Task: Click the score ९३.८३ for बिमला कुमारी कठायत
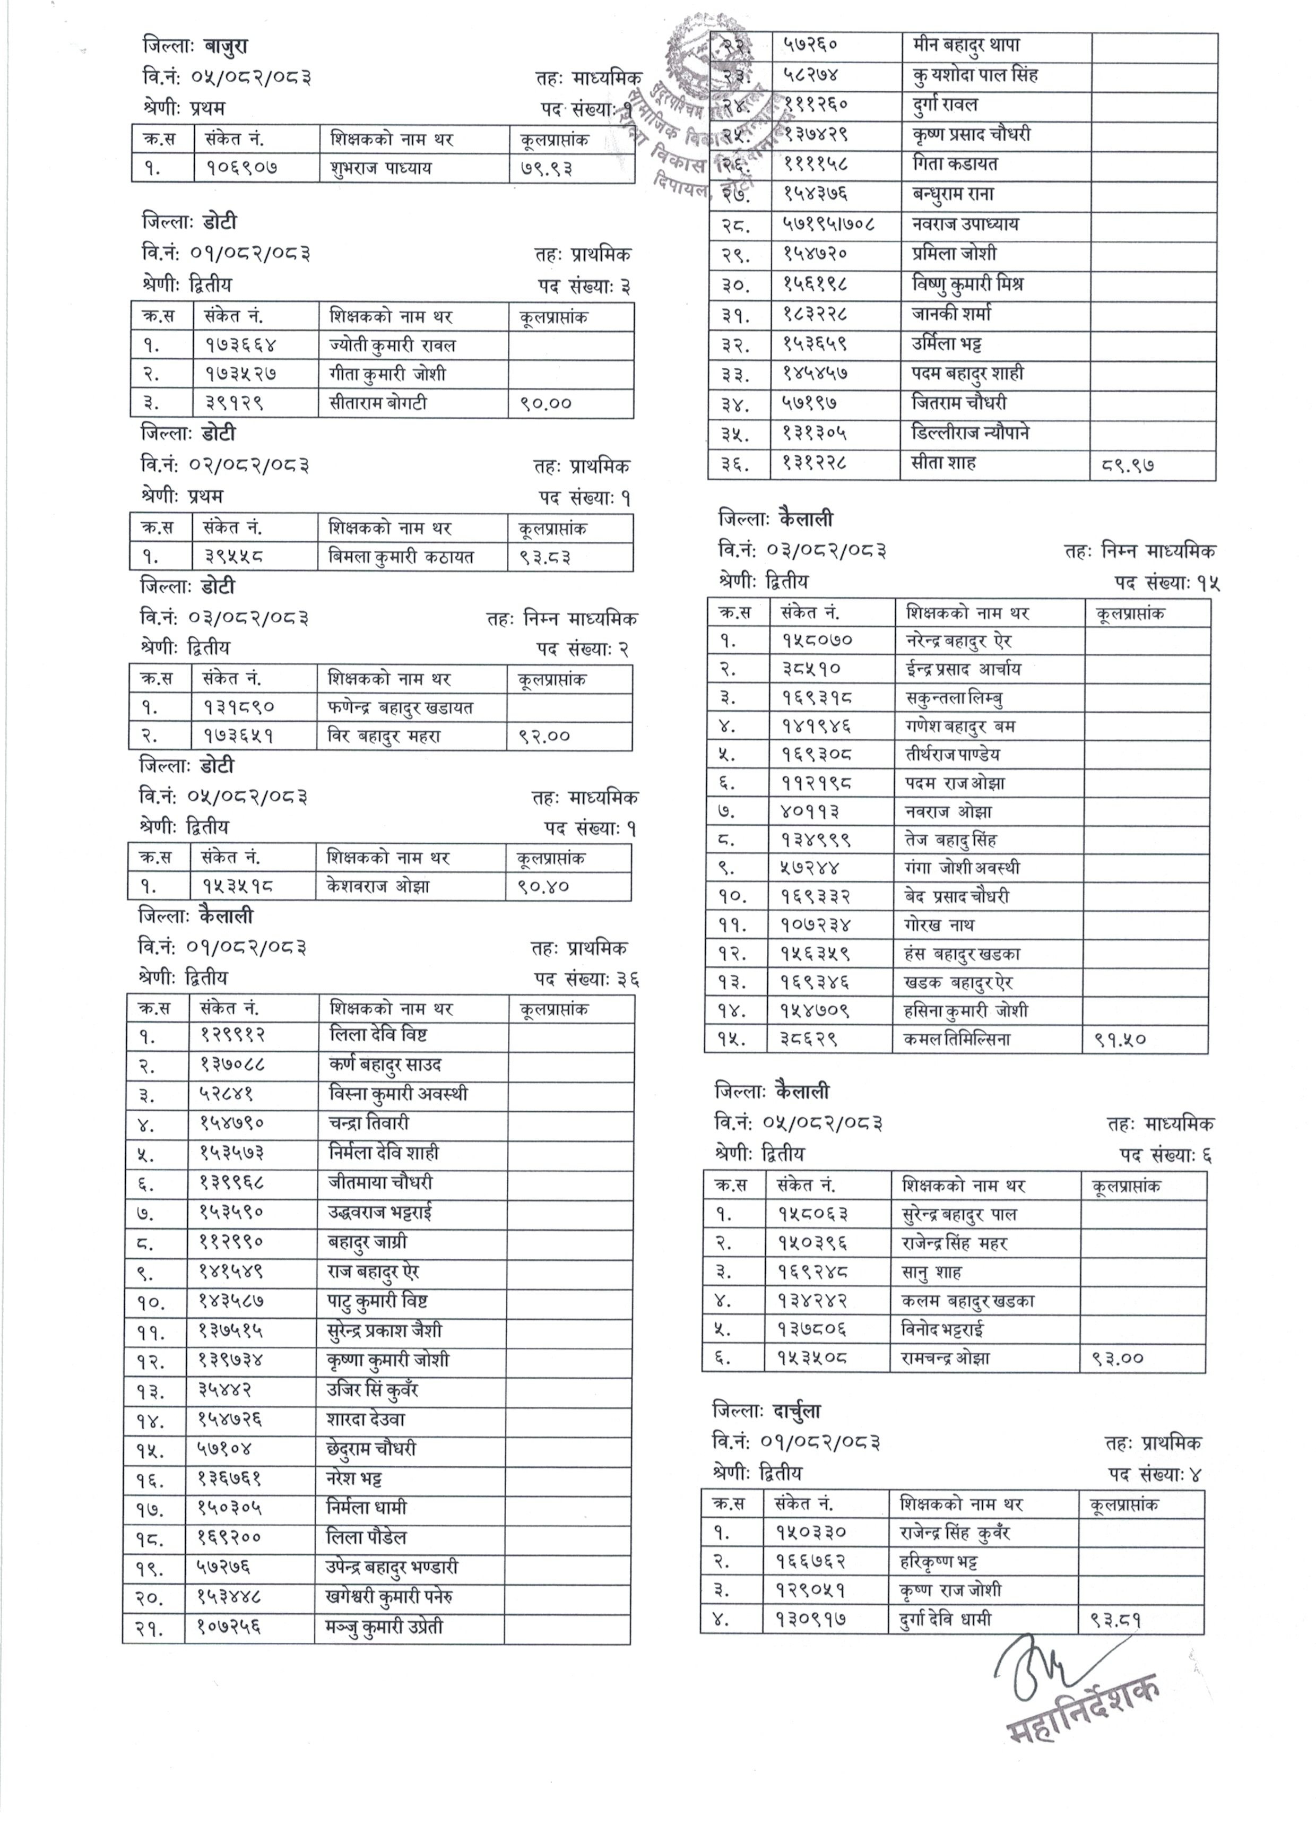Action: pyautogui.click(x=544, y=557)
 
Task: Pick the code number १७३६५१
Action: pyautogui.click(x=239, y=736)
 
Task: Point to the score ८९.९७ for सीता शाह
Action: pyautogui.click(x=1129, y=464)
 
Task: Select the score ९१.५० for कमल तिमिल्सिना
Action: pyautogui.click(x=1120, y=1040)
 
